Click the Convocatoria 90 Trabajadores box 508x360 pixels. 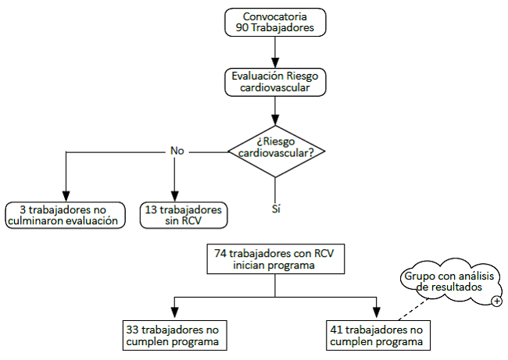click(x=274, y=22)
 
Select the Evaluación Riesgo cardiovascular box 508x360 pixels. click(x=274, y=82)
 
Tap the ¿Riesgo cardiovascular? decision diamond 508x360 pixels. click(x=275, y=147)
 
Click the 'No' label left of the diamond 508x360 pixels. click(x=177, y=151)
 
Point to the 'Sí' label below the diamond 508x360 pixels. click(x=275, y=209)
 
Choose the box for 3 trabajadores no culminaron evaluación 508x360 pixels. click(x=66, y=216)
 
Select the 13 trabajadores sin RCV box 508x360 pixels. click(x=184, y=216)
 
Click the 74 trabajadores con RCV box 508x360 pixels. click(x=274, y=259)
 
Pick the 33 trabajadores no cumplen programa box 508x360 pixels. click(x=171, y=335)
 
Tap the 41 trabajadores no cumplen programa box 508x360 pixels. click(x=377, y=335)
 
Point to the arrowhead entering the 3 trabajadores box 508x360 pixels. click(x=66, y=197)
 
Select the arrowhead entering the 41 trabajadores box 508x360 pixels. click(x=377, y=313)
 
